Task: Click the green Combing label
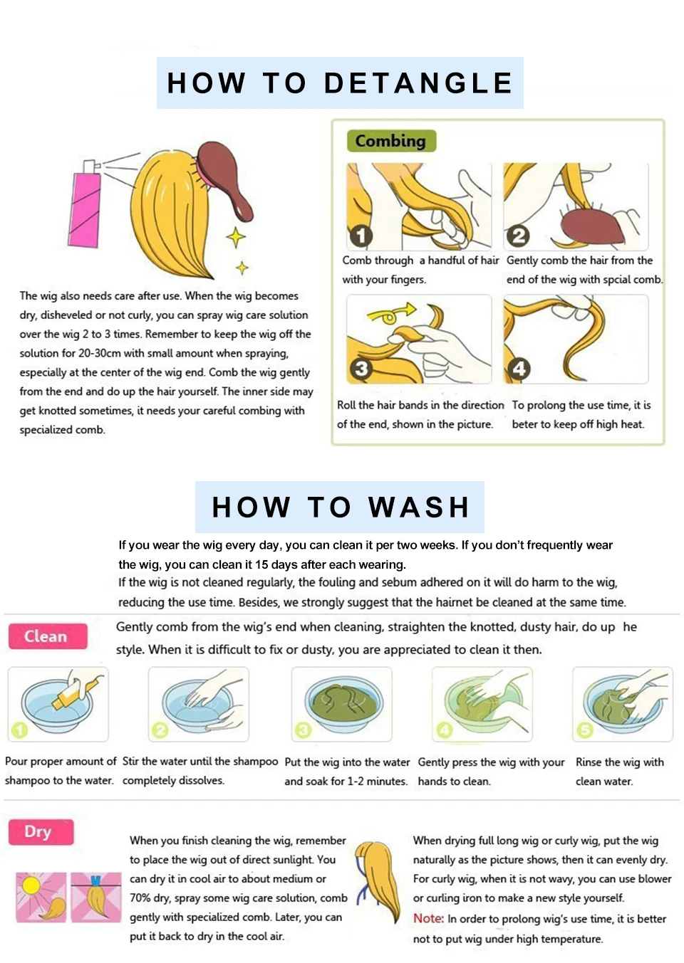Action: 391,141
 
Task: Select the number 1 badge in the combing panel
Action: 361,236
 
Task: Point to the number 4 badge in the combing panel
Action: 519,369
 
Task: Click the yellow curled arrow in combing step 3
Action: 390,313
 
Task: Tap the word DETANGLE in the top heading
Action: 418,83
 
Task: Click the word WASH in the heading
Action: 418,507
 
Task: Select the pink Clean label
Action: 47,636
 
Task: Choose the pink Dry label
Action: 41,832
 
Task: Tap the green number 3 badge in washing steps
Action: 303,730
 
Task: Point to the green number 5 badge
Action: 584,730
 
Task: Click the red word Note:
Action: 428,919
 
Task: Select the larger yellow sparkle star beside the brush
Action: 236,237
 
